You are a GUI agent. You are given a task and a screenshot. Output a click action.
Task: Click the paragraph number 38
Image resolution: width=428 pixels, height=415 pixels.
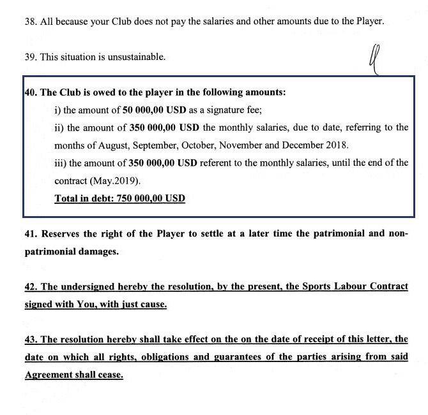coord(31,21)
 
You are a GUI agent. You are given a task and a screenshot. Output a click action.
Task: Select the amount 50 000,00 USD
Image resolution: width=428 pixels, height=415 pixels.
coord(155,110)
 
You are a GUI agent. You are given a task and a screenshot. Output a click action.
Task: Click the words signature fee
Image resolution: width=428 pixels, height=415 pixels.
coord(229,110)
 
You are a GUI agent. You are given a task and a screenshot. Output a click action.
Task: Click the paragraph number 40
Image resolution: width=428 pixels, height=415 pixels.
coord(31,92)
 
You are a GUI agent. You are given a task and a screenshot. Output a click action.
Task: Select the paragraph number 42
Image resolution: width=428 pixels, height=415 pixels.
coord(31,286)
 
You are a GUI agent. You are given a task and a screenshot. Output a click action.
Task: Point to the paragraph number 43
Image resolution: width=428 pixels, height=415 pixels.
coord(31,339)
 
